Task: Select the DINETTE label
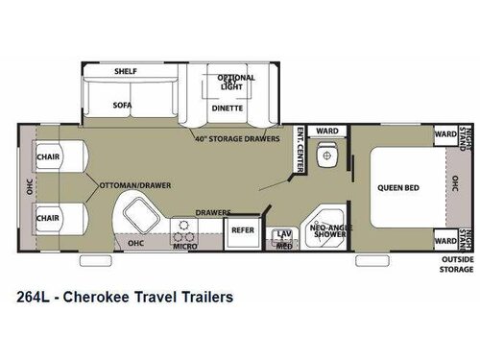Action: tap(228, 108)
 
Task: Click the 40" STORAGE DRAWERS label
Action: tap(237, 138)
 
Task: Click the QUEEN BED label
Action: tap(395, 188)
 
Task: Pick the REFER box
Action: tap(239, 230)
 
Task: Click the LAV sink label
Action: tap(283, 233)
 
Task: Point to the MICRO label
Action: tap(183, 246)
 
